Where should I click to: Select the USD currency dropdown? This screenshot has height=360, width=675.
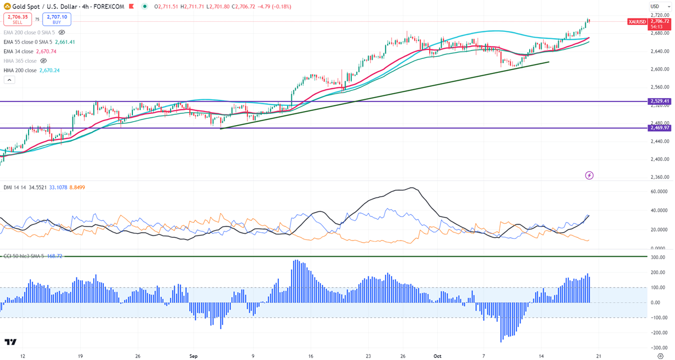655,6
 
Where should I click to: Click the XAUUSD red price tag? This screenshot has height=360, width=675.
637,21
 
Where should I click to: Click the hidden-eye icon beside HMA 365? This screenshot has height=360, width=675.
43,61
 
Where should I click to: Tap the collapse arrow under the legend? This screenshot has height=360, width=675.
9,80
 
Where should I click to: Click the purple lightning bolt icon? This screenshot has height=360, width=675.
589,176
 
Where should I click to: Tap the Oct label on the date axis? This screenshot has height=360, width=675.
438,356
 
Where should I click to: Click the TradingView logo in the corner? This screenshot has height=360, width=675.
10,342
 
